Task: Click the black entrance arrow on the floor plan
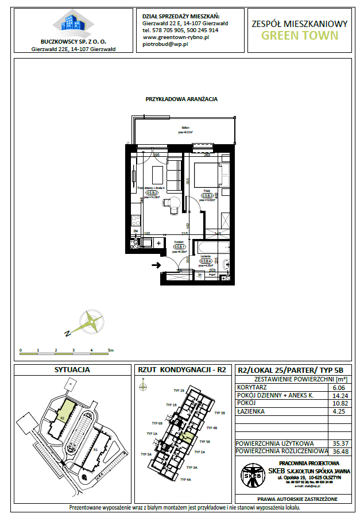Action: (x=154, y=265)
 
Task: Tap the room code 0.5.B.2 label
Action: (x=152, y=193)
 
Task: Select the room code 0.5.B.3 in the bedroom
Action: (x=207, y=195)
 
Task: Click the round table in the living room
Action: (x=167, y=202)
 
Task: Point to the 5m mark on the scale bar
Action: (x=110, y=349)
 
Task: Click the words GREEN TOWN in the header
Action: (x=300, y=35)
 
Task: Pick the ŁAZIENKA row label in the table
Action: (x=251, y=411)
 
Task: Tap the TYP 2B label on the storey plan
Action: (x=179, y=391)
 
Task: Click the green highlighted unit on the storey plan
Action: (x=185, y=437)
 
